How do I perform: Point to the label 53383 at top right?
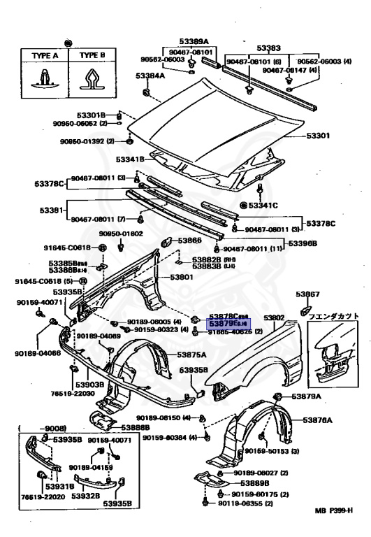[270, 48]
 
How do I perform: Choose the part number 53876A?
[317, 420]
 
